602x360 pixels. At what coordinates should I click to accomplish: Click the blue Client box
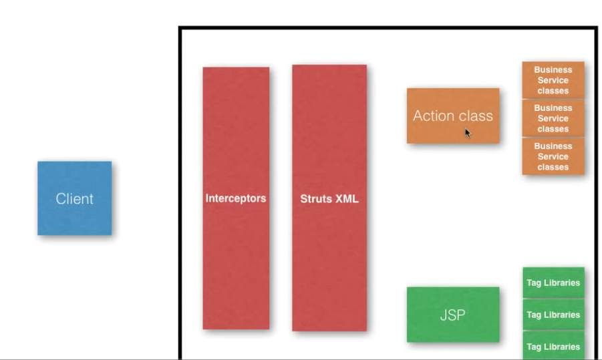click(x=74, y=198)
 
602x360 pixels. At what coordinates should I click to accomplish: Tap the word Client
click(x=74, y=199)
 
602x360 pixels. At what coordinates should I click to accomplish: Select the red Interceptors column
click(x=236, y=198)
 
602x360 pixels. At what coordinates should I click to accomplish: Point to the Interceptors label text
click(x=236, y=198)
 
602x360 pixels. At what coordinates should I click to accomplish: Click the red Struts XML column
click(x=329, y=198)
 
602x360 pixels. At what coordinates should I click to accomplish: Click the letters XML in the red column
click(x=346, y=199)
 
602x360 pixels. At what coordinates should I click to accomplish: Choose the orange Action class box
click(x=453, y=116)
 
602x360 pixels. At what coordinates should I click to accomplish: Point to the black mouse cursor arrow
click(x=468, y=133)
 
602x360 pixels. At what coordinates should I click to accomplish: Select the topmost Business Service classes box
click(x=553, y=80)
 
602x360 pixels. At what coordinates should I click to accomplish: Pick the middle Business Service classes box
click(x=553, y=118)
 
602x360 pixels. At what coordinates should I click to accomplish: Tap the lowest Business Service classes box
click(x=553, y=156)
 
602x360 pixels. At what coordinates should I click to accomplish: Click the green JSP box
click(x=453, y=315)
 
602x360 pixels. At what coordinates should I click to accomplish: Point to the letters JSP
click(x=452, y=315)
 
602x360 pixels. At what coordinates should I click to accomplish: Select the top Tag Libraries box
click(x=554, y=283)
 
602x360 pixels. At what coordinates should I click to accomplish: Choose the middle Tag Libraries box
click(x=554, y=315)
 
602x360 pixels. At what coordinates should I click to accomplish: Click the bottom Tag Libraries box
click(x=554, y=346)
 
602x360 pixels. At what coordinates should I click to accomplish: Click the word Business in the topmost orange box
click(x=553, y=70)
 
